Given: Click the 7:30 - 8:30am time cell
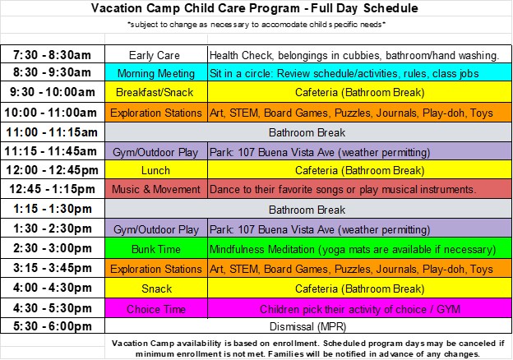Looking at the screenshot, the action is pyautogui.click(x=53, y=54).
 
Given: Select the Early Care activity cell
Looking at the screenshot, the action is pyautogui.click(x=156, y=54).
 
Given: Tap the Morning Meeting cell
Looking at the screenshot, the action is pyautogui.click(x=156, y=72).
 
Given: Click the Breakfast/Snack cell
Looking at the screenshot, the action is pyautogui.click(x=156, y=92).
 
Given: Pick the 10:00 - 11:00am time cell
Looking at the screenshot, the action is pyautogui.click(x=53, y=113).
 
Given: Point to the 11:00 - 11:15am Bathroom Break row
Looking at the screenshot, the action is pyautogui.click(x=308, y=132).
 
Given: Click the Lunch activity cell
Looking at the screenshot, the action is pyautogui.click(x=156, y=169).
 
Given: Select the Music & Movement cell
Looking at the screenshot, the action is pyautogui.click(x=156, y=189).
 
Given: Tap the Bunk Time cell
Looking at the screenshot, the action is pyautogui.click(x=156, y=248).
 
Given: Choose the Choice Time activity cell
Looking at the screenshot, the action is pyautogui.click(x=156, y=308).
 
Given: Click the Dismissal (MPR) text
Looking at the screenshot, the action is pyautogui.click(x=307, y=326).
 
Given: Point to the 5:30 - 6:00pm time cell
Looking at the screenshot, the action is pyautogui.click(x=53, y=326).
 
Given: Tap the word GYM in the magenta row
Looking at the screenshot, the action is pyautogui.click(x=449, y=309).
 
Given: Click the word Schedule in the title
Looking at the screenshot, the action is pyautogui.click(x=391, y=8).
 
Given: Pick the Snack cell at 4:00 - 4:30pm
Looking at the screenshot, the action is pyautogui.click(x=156, y=288).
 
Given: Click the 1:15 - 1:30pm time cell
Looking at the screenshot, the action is pyautogui.click(x=53, y=209).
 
